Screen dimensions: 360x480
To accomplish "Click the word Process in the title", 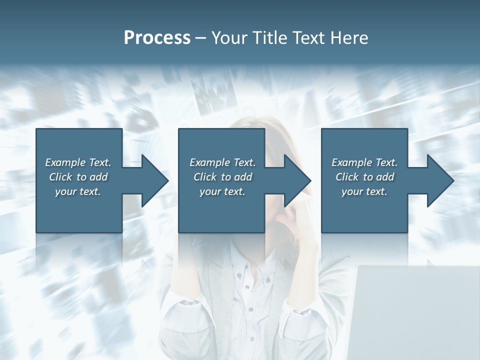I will [x=157, y=37].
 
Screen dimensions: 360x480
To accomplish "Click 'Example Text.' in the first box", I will [x=78, y=162].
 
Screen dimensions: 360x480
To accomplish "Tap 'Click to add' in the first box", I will [x=78, y=177].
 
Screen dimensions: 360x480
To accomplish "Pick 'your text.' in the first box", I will [x=78, y=191].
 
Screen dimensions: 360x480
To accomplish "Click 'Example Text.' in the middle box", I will [x=222, y=162].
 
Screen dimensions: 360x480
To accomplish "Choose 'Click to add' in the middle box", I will [x=222, y=177].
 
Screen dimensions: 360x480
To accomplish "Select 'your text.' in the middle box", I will [x=222, y=191].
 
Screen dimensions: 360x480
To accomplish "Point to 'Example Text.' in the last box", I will [x=364, y=162].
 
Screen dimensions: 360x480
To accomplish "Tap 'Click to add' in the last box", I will [x=364, y=177].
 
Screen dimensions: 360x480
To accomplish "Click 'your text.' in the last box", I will [x=364, y=191].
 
